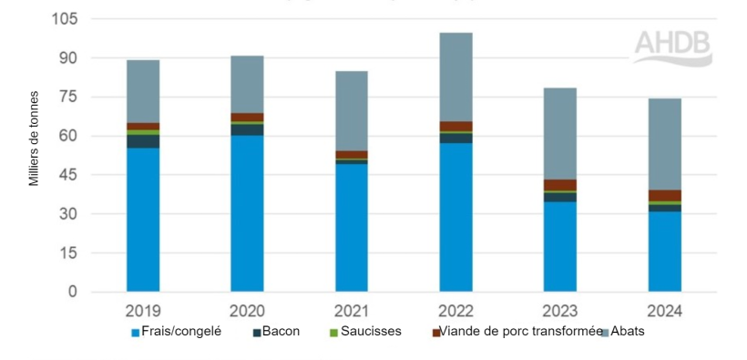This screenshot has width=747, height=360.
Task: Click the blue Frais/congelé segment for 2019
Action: click(143, 219)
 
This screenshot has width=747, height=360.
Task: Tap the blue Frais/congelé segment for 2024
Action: click(664, 252)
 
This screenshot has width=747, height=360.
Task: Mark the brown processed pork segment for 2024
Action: click(664, 195)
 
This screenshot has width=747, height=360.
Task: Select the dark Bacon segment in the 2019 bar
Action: click(143, 141)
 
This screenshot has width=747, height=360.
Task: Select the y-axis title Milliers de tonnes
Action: click(35, 138)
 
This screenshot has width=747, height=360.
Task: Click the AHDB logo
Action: click(672, 46)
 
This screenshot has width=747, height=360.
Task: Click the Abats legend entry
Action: click(626, 332)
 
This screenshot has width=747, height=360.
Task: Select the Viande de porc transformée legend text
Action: click(520, 332)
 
